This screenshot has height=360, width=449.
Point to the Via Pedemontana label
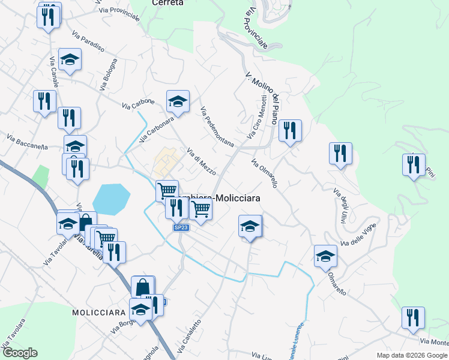[217, 127]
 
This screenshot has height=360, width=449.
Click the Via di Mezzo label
[202, 161]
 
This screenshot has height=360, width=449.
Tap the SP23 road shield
[181, 227]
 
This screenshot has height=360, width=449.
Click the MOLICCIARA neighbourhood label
[98, 313]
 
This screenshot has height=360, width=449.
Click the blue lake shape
[111, 199]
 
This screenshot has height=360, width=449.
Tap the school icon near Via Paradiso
[70, 59]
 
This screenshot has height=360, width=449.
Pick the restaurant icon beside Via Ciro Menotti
[290, 130]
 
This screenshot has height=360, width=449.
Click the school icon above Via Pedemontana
[178, 101]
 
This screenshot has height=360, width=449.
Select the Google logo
[19, 353]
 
